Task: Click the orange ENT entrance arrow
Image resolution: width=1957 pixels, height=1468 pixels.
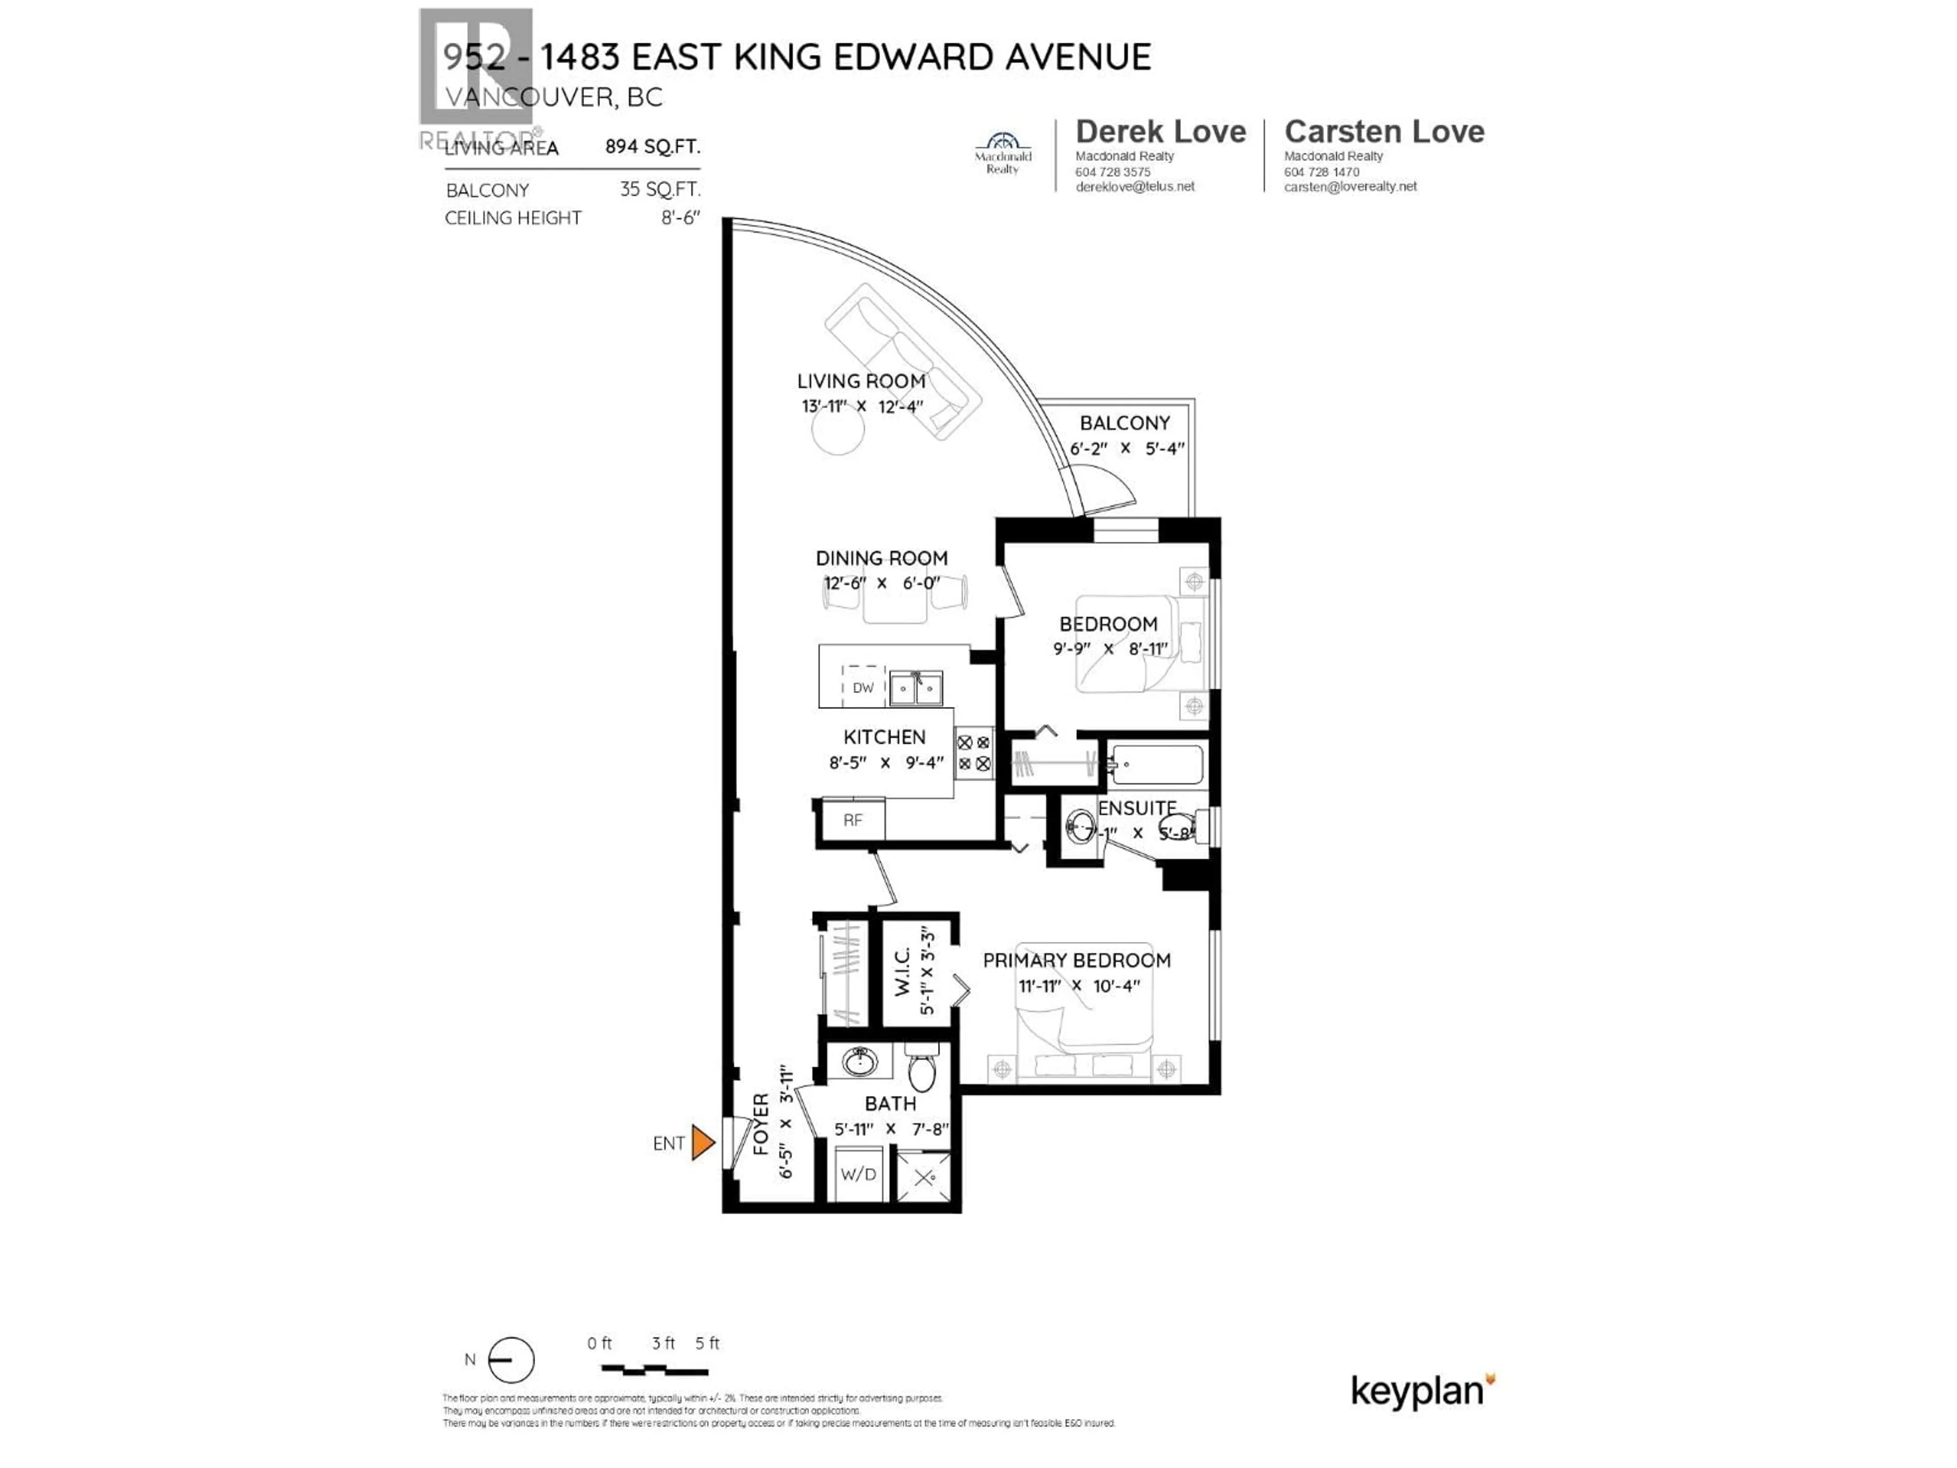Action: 702,1142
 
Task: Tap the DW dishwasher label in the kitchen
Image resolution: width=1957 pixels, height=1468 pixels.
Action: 863,688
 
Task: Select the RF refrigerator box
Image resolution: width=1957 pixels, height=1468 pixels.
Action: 852,820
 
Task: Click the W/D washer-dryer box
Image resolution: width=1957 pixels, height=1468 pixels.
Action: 858,1174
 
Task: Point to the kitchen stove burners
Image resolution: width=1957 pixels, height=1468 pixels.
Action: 973,753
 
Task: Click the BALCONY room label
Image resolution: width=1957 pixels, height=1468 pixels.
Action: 1124,423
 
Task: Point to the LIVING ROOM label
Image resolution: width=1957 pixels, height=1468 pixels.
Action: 861,381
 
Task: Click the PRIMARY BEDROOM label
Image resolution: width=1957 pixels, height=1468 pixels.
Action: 1077,961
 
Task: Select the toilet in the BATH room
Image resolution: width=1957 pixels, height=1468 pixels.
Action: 922,1068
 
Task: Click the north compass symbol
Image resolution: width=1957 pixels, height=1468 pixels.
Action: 511,1360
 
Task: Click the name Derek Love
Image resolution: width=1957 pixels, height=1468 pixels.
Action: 1160,132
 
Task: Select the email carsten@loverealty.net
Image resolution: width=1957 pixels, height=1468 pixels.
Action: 1350,187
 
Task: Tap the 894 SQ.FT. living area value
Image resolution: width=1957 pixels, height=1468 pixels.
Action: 652,147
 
